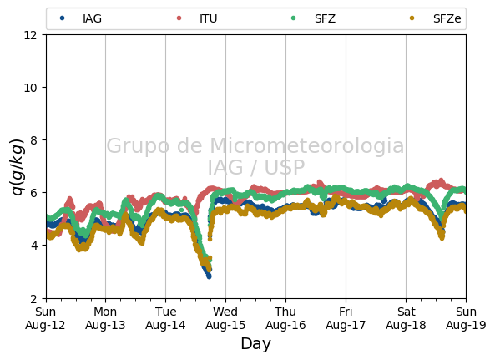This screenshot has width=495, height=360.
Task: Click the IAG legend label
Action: pyautogui.click(x=92, y=18)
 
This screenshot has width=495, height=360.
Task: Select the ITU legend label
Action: pyautogui.click(x=209, y=18)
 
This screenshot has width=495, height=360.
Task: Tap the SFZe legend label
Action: pyautogui.click(x=447, y=18)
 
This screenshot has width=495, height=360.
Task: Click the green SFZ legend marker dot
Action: pyautogui.click(x=293, y=18)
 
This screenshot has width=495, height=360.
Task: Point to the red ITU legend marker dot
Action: pyautogui.click(x=179, y=18)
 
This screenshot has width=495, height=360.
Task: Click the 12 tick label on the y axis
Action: pyautogui.click(x=30, y=35)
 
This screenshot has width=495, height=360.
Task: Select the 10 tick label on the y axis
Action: pyautogui.click(x=30, y=88)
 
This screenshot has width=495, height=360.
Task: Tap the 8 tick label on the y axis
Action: pyautogui.click(x=33, y=140)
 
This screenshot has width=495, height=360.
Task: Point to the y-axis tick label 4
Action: pyautogui.click(x=33, y=246)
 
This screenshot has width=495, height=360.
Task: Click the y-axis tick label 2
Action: pyautogui.click(x=33, y=298)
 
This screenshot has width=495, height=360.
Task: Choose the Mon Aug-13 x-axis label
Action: pyautogui.click(x=105, y=318)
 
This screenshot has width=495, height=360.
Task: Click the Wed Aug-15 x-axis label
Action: pyautogui.click(x=225, y=318)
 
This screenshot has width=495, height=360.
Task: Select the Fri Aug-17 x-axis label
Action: pyautogui.click(x=346, y=318)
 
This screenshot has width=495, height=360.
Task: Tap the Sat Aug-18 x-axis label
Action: pyautogui.click(x=406, y=318)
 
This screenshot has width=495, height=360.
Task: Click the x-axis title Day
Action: pyautogui.click(x=255, y=344)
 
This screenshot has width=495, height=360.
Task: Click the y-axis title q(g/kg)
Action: pyautogui.click(x=18, y=167)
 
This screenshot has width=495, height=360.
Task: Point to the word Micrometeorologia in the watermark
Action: pyautogui.click(x=307, y=145)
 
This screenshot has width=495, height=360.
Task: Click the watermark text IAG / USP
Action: pyautogui.click(x=256, y=167)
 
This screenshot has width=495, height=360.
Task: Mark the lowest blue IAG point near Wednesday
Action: pyautogui.click(x=209, y=276)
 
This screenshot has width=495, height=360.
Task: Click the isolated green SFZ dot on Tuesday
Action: pyautogui.click(x=181, y=210)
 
